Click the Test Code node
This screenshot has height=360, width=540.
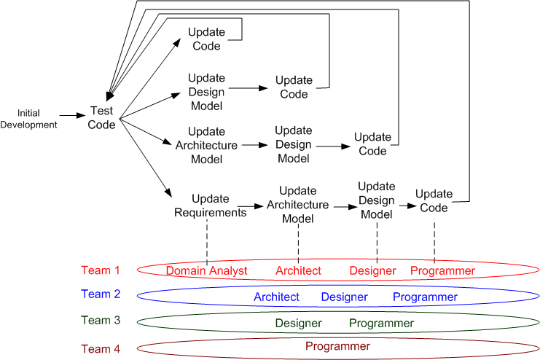pos(102,117)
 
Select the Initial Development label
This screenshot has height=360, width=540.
pos(28,118)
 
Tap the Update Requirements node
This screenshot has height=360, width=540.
pos(210,206)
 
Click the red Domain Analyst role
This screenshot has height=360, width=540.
pos(207,271)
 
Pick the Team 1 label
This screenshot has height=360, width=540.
pos(101,270)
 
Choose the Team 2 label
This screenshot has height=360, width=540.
pos(101,294)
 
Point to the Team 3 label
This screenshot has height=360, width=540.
pos(101,320)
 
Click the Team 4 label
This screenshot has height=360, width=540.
pos(101,348)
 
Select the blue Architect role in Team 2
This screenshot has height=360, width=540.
pos(276,297)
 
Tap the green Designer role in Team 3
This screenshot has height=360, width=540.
pos(298,323)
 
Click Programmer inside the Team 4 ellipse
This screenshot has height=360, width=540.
pos(337,346)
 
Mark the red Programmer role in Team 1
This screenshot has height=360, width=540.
pos(442,271)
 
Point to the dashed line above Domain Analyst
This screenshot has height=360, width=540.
pos(207,240)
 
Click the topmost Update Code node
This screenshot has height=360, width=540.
pos(206,39)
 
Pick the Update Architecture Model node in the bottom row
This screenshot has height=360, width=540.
pos(297,205)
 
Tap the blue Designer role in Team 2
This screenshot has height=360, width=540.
pos(344,297)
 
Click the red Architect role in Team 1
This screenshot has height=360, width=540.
pos(298,271)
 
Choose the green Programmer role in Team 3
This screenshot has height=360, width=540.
pos(381,323)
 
